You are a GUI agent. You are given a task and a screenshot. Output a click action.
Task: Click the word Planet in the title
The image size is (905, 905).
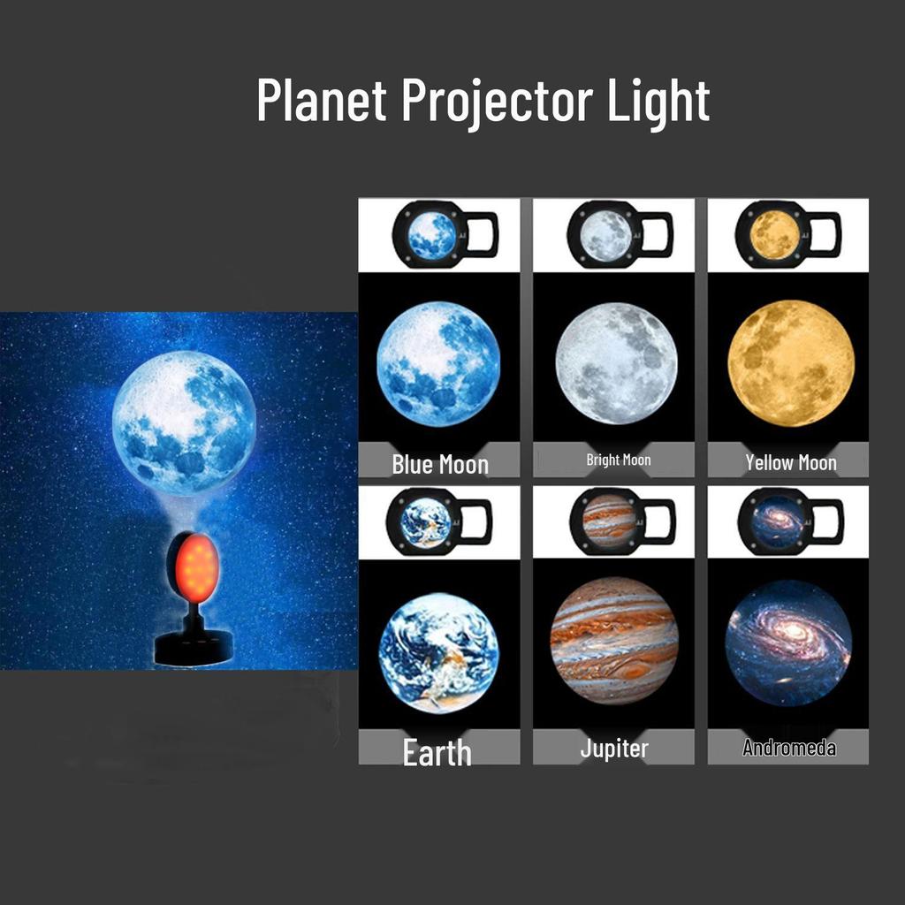pos(322,100)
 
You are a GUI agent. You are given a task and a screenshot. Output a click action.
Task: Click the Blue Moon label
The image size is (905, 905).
pos(440,464)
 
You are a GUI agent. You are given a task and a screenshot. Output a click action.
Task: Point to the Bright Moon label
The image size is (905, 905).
pos(619,460)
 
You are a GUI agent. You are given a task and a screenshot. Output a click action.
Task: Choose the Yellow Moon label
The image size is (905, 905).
pos(790,462)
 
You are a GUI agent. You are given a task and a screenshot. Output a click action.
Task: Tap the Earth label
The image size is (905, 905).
pos(437,753)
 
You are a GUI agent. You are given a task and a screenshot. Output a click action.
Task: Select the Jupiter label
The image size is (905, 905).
pos(614,749)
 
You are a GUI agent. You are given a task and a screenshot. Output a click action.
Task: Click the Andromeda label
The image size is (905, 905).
pos(789,749)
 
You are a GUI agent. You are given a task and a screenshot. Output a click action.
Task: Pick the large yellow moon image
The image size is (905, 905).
pos(791,363)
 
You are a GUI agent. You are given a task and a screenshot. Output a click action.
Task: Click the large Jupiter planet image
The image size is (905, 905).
pos(614,641)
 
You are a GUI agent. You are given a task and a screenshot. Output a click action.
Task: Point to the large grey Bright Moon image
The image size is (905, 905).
pos(616,363)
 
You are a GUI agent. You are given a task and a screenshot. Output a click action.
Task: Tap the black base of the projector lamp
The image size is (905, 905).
pos(191,647)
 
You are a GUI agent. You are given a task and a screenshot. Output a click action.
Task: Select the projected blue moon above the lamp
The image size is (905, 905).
pos(184,422)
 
